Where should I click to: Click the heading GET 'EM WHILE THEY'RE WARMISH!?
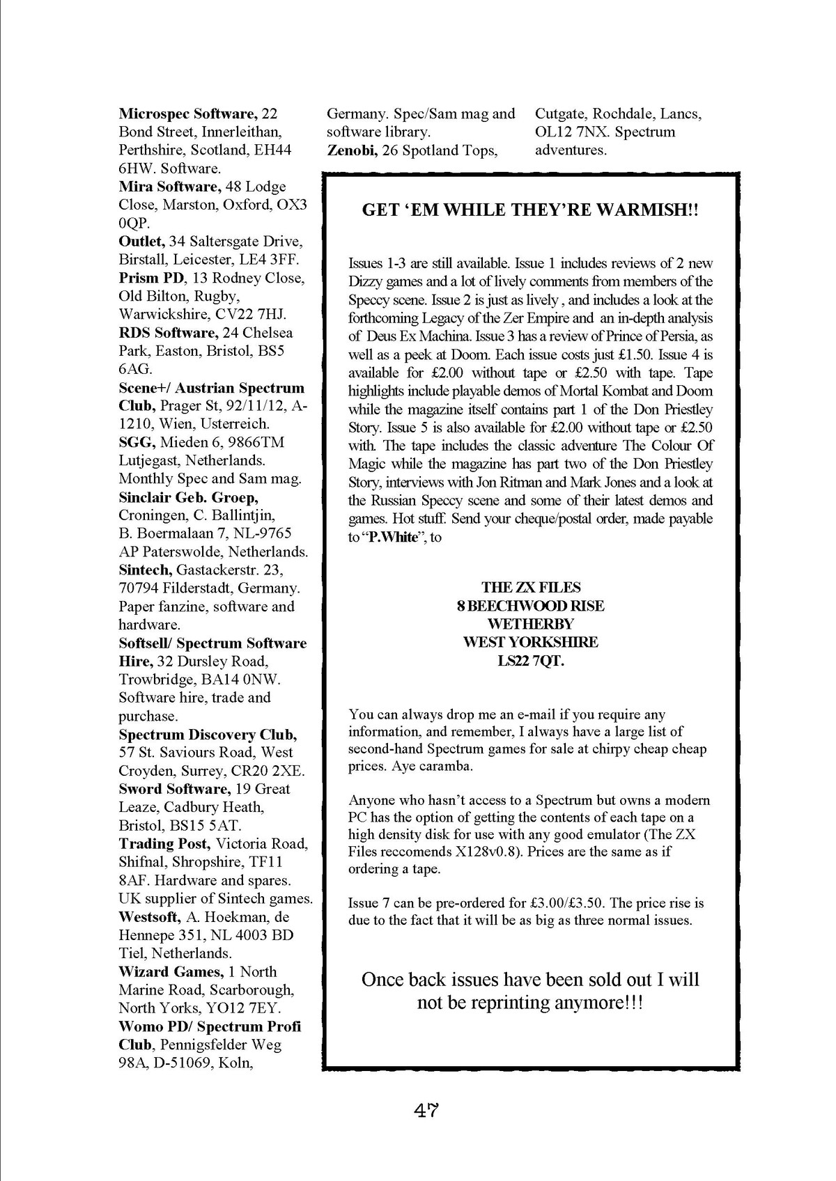(x=530, y=210)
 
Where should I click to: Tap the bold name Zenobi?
(x=353, y=150)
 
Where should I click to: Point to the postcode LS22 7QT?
(x=530, y=660)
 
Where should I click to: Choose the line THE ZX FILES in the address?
(x=530, y=588)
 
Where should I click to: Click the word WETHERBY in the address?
(x=530, y=624)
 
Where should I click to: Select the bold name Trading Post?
(x=164, y=844)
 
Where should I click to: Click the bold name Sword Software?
(x=174, y=789)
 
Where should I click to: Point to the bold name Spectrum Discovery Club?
(x=208, y=735)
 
